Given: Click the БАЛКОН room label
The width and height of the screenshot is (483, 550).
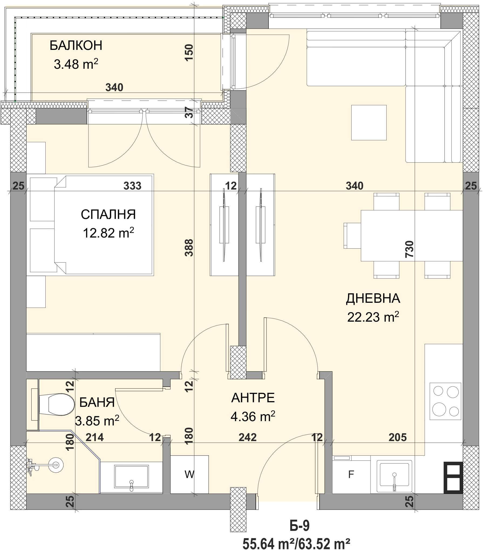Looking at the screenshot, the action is (x=76, y=46).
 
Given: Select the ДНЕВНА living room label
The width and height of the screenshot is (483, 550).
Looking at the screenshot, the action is (x=373, y=298).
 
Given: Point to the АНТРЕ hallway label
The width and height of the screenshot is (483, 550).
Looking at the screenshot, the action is (x=253, y=398).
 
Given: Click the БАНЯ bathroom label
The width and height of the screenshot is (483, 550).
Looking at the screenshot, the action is (x=97, y=403).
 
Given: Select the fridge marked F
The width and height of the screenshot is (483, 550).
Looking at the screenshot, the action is (x=351, y=475).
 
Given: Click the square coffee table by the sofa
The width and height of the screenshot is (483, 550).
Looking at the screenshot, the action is (x=369, y=123).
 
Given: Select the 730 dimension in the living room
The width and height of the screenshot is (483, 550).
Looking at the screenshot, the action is (x=409, y=249).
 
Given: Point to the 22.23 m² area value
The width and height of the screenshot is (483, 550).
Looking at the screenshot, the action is (x=373, y=318).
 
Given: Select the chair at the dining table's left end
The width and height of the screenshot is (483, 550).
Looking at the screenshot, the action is (x=352, y=236).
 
